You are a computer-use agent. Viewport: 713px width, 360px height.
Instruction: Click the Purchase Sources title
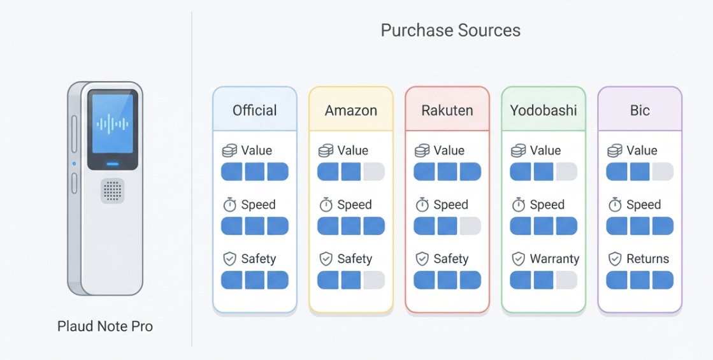(450, 30)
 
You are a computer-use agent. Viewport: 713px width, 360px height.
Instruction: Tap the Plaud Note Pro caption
(105, 326)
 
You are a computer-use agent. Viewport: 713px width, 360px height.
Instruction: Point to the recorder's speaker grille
(112, 191)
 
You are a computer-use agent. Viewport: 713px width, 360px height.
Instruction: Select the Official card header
(254, 110)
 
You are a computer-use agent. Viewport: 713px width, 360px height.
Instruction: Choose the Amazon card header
(350, 110)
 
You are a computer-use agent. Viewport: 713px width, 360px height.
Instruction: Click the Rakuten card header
(447, 110)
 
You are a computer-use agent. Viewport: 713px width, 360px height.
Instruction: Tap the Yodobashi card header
(543, 110)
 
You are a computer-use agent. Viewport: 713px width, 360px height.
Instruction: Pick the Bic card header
(639, 110)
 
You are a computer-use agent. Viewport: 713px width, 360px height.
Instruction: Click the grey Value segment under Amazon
(374, 171)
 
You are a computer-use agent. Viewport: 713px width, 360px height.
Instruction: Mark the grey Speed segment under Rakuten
(470, 226)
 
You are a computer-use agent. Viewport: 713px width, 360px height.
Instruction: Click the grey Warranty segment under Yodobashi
(566, 280)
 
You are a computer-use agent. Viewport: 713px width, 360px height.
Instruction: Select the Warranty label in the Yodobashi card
(554, 259)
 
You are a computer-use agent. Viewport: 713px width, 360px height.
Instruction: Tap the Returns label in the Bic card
(647, 259)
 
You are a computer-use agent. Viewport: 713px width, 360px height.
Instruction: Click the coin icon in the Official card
(229, 151)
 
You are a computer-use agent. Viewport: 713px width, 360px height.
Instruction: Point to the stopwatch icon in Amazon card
(326, 205)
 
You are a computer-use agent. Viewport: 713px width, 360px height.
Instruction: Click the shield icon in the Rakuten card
(422, 259)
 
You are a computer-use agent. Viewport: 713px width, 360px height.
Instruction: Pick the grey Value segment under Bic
(663, 171)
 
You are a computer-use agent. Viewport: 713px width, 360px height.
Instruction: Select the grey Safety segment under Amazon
(374, 280)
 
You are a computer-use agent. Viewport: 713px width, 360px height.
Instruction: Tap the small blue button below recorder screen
(113, 164)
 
